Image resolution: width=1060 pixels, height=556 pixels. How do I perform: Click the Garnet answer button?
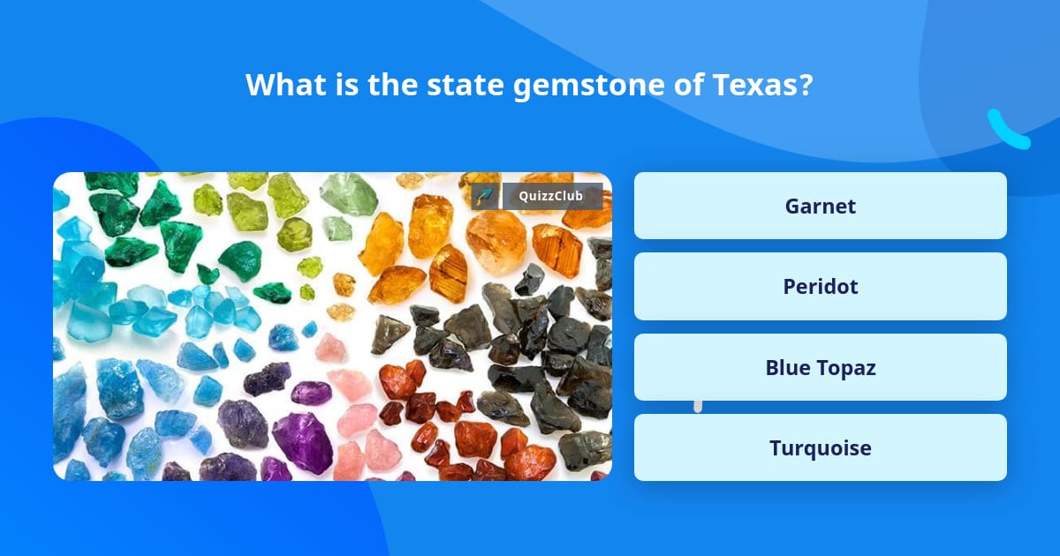(x=820, y=206)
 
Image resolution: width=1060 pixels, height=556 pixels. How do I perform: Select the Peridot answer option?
(x=820, y=286)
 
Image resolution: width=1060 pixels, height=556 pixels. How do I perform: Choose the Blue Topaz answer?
(x=820, y=367)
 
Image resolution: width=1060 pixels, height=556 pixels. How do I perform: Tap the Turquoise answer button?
(x=820, y=447)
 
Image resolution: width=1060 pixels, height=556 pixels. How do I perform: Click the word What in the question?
(x=286, y=84)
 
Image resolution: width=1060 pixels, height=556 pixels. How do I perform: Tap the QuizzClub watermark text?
(x=550, y=196)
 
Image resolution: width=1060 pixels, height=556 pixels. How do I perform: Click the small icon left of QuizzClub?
(x=484, y=196)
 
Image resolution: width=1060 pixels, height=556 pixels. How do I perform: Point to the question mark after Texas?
(x=805, y=84)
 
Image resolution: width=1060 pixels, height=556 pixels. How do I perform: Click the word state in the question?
(x=465, y=85)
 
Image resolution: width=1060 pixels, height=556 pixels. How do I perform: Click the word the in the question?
(x=392, y=84)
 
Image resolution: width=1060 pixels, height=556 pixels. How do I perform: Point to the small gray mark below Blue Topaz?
(x=698, y=406)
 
